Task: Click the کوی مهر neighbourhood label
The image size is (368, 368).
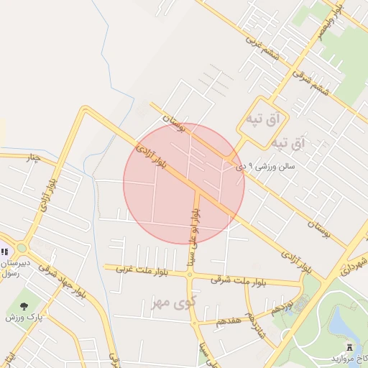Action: [x=174, y=303]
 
